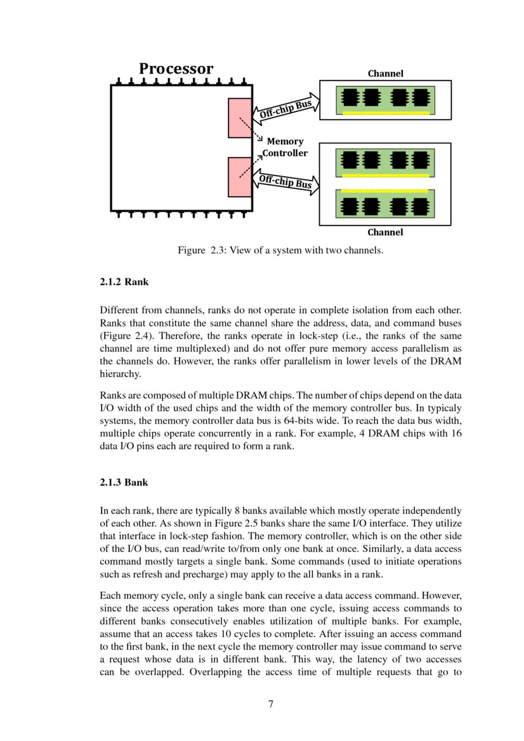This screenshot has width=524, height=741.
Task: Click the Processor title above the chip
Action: (176, 68)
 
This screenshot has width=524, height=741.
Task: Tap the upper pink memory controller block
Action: (240, 118)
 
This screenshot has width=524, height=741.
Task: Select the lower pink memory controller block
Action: (240, 177)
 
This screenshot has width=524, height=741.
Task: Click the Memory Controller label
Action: (285, 147)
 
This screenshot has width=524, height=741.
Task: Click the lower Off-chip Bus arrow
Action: (286, 182)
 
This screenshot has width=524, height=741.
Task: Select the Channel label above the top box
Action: (385, 74)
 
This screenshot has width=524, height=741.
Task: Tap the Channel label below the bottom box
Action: (385, 232)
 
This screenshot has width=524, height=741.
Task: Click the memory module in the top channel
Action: (385, 100)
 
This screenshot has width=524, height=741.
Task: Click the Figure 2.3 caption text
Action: (280, 250)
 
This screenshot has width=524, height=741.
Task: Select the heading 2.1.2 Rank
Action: (124, 282)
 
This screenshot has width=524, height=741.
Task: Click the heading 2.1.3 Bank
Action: (124, 482)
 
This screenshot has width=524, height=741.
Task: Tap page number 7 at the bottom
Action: (271, 703)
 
